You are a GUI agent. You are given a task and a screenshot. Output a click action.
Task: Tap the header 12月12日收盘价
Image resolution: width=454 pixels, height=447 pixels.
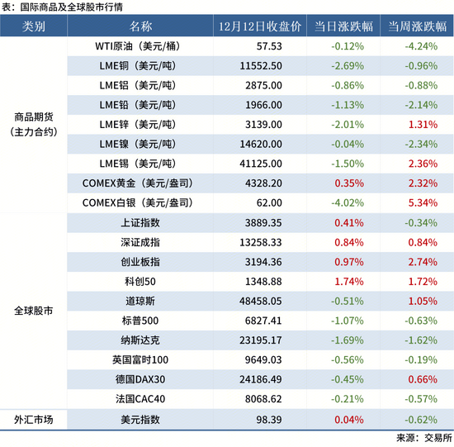pyautogui.click(x=259, y=26)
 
